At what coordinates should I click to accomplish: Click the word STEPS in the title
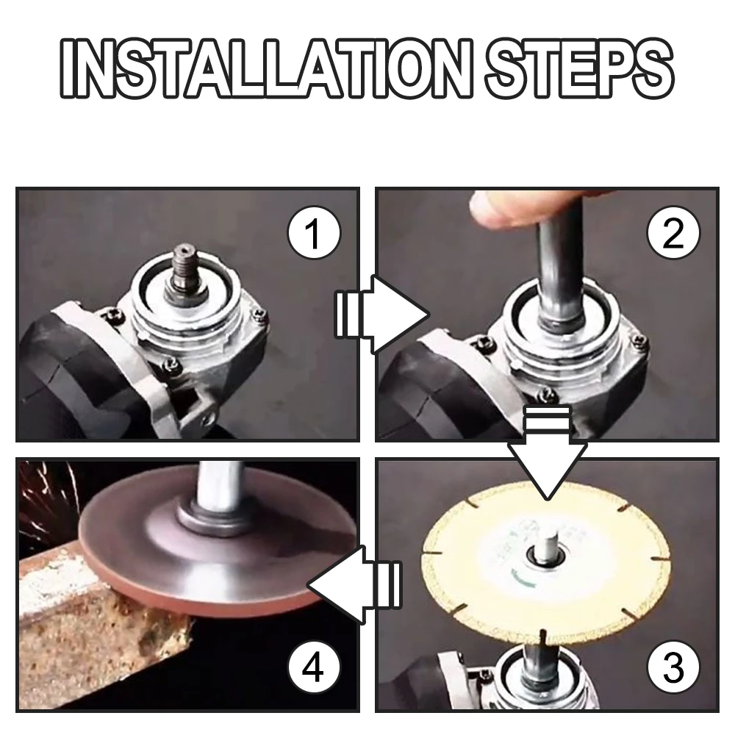coord(579,69)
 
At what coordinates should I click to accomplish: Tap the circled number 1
coord(314,232)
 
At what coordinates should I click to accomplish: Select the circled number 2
coord(673,232)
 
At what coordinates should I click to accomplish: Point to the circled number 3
coord(673,667)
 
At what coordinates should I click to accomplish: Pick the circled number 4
coord(314,667)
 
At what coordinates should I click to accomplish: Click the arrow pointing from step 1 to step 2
coord(381,315)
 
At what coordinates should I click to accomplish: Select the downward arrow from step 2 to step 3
coord(547,452)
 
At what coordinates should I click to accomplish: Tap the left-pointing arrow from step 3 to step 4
coord(354,584)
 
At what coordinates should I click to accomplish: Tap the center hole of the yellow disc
coord(546,553)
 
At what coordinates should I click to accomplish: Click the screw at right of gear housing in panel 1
coord(259,315)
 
